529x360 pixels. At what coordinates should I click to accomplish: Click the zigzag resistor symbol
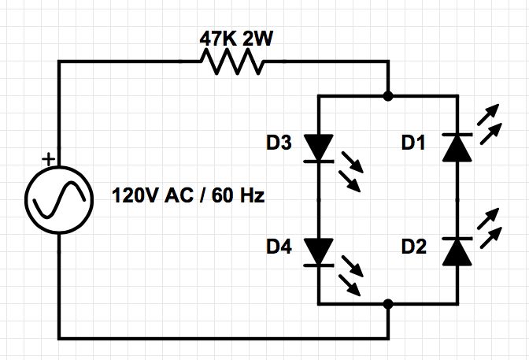click(x=233, y=61)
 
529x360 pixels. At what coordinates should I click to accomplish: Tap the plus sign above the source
click(x=49, y=160)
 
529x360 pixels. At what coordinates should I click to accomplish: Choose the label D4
click(x=279, y=248)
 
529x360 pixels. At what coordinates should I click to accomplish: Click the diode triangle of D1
click(x=457, y=147)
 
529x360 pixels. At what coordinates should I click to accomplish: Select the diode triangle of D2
click(x=457, y=251)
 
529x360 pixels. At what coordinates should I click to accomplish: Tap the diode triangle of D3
click(x=318, y=147)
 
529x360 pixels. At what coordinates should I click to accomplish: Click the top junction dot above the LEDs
click(x=387, y=96)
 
